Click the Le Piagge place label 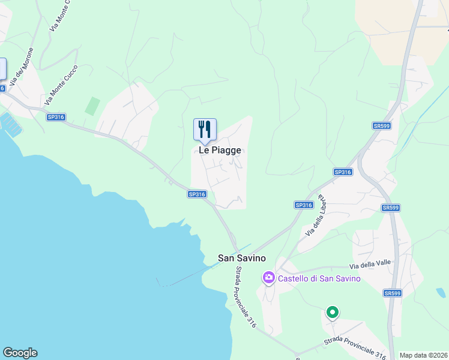tap(220, 150)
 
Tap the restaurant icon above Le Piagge tap(204, 129)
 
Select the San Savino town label tap(242, 259)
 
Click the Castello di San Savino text tap(319, 278)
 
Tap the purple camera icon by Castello tap(268, 278)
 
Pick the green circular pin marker tap(332, 313)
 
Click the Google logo tap(20, 353)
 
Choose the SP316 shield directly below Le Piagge tap(197, 194)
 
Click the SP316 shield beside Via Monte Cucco tap(55, 117)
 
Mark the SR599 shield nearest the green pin tap(392, 293)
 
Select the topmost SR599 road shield tap(381, 125)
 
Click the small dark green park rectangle tap(92, 106)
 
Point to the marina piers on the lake tap(11, 124)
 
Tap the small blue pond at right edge tap(441, 293)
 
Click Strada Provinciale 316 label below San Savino tap(246, 297)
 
